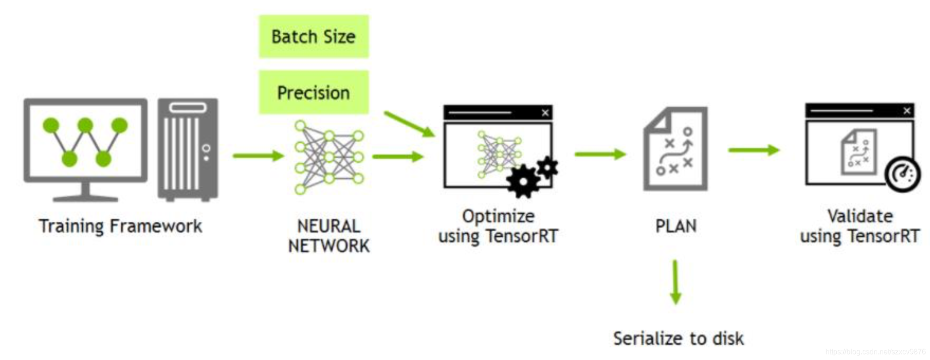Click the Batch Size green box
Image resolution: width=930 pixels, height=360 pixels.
[314, 36]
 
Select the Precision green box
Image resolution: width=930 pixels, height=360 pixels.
[314, 92]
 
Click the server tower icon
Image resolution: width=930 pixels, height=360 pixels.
[188, 149]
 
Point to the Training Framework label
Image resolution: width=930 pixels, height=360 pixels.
[120, 226]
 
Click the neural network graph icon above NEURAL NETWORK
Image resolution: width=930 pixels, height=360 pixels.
[329, 157]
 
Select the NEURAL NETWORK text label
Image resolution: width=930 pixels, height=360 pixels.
[329, 236]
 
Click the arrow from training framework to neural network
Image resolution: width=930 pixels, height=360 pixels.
[258, 155]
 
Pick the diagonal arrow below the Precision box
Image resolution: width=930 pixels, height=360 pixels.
[409, 124]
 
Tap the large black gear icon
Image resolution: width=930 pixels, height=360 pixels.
[523, 181]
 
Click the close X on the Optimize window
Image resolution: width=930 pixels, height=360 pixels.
[545, 113]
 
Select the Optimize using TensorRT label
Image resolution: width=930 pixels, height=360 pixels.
[498, 226]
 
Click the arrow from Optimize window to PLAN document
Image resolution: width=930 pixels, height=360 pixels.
[600, 154]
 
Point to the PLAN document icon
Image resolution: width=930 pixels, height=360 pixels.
[675, 149]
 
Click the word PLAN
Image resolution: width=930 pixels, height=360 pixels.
[675, 226]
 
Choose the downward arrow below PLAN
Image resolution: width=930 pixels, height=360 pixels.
[675, 282]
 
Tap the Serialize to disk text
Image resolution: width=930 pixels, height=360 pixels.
[678, 339]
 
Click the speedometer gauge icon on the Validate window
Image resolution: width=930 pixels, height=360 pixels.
[902, 175]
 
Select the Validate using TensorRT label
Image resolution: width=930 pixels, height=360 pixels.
[860, 226]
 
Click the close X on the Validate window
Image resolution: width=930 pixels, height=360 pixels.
[906, 110]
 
